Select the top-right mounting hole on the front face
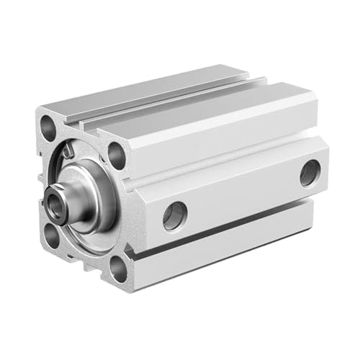click(117, 154)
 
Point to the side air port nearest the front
click(175, 216)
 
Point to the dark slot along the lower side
click(230, 230)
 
